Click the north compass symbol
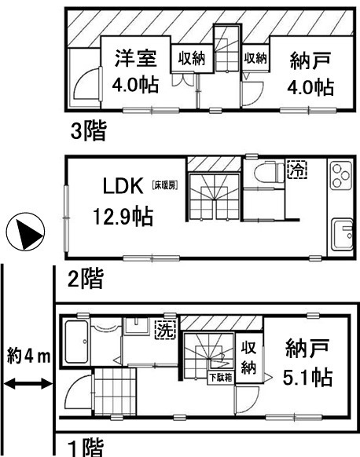coord(26,232)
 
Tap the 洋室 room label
coord(136,59)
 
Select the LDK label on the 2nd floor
coord(123,186)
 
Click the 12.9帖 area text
coord(123,216)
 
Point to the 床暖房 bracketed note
coord(165,185)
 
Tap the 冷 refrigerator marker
coord(297,170)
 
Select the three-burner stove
coord(342,176)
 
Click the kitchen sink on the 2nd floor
coord(342,234)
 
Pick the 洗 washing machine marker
coord(165,329)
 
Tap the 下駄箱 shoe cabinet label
coord(221,378)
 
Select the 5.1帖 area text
coord(307,377)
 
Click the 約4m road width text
coord(28,356)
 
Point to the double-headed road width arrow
coord(28,383)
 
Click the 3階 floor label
coord(89,131)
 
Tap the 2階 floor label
coord(85,279)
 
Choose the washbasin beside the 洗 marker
coord(137,326)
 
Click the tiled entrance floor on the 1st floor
coord(116,391)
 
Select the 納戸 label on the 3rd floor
coord(310,60)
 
